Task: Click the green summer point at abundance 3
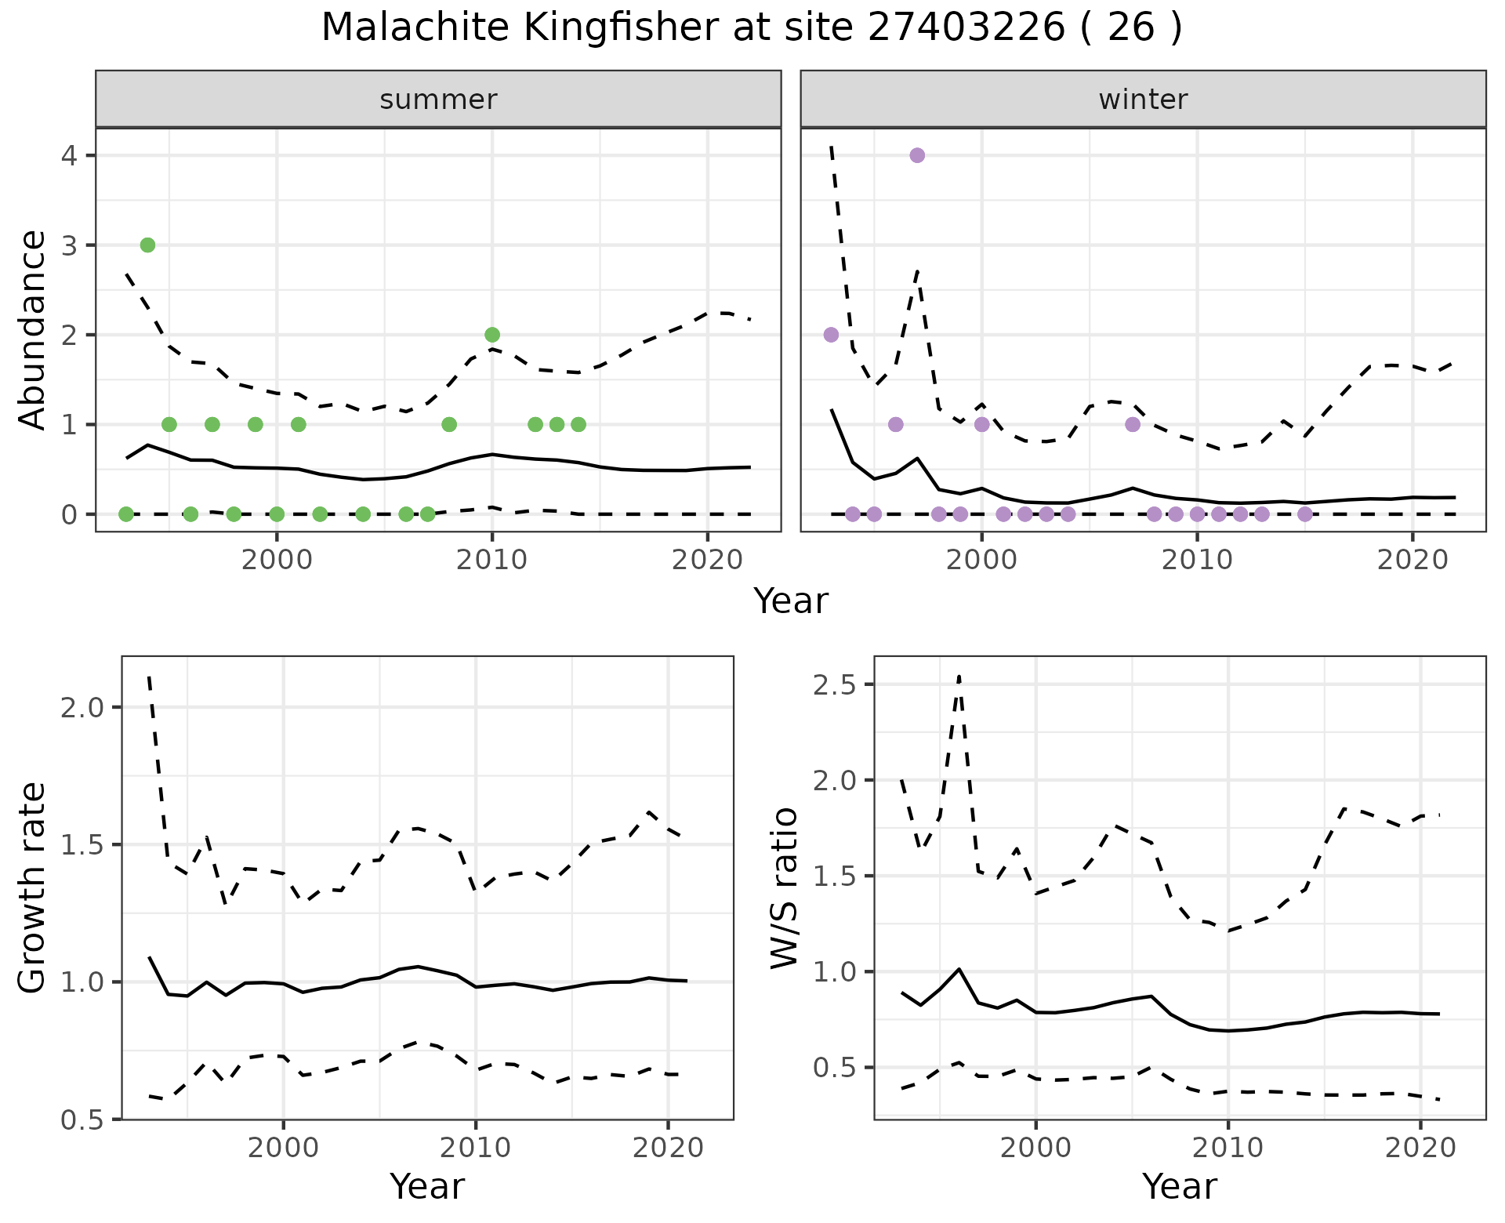pos(147,245)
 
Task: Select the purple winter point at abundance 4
pos(917,155)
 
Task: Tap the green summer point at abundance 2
pos(492,335)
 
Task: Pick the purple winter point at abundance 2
pos(831,335)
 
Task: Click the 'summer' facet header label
pos(438,100)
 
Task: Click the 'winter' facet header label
pos(1143,100)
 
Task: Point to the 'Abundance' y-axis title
pos(33,329)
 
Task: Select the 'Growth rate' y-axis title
pos(33,887)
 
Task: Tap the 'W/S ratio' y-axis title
pos(784,887)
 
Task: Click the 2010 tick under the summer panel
pos(492,560)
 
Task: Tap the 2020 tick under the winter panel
pos(1413,560)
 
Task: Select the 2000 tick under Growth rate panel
pos(283,1148)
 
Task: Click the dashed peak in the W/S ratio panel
pos(959,675)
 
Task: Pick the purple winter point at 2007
pos(1133,424)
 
